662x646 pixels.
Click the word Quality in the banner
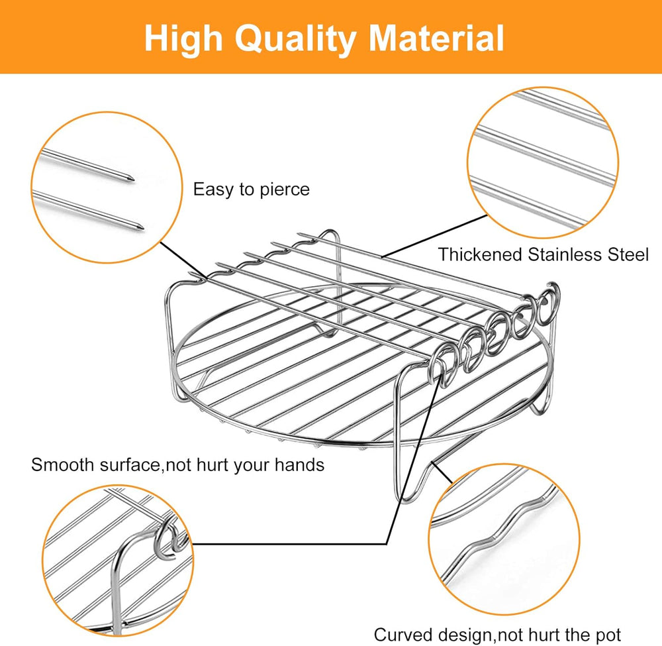(295, 40)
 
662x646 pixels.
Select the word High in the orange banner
(183, 40)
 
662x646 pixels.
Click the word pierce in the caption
(285, 189)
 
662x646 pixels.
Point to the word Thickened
(480, 255)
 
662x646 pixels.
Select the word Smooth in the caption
(62, 464)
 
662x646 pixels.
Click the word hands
(299, 464)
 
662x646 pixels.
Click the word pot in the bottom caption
(608, 635)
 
